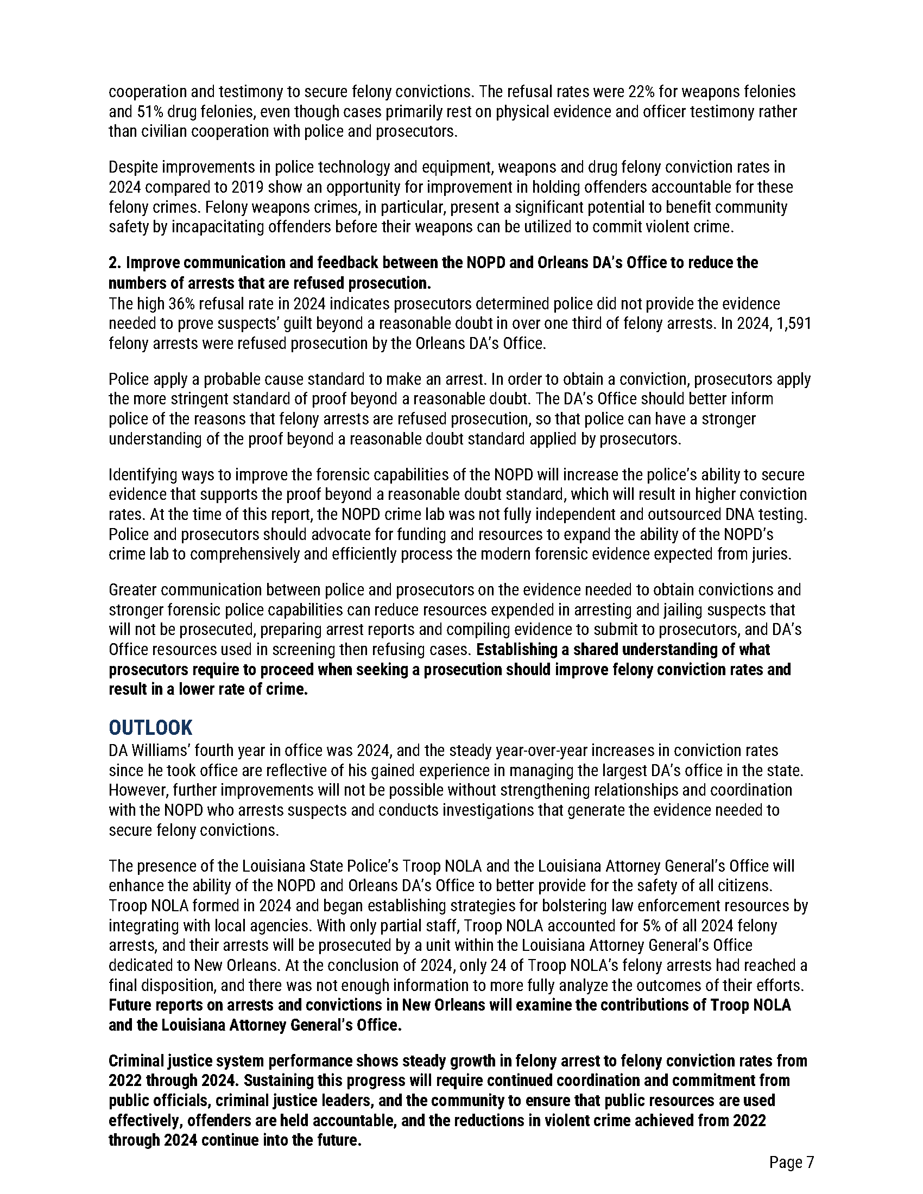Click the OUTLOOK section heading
click(150, 728)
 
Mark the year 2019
click(248, 187)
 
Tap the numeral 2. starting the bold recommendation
click(115, 263)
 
